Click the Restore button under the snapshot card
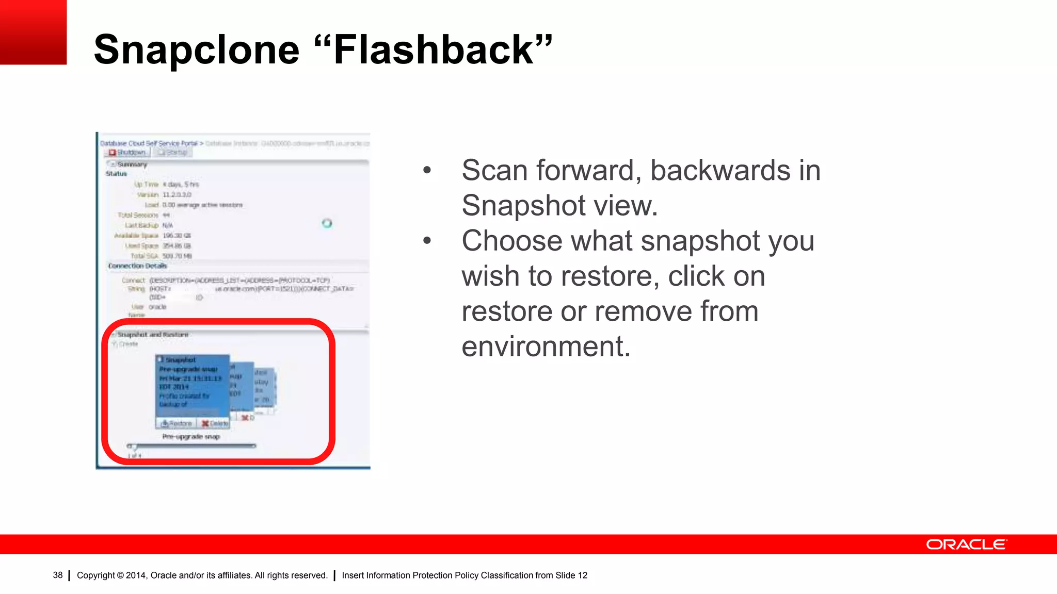tap(176, 423)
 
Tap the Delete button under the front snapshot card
tap(215, 423)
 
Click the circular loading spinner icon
tap(327, 223)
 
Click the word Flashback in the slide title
tap(434, 50)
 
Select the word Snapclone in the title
tap(196, 50)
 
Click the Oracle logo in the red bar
tap(966, 544)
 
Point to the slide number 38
tap(57, 575)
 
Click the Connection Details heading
tap(137, 266)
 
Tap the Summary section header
tap(132, 164)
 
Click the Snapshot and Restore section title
tap(152, 335)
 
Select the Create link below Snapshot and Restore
tap(127, 344)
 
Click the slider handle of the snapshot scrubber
tap(134, 447)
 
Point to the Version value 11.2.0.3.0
tap(177, 194)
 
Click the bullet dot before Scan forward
tap(427, 170)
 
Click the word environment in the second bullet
tap(546, 346)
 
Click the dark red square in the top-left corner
tap(33, 32)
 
